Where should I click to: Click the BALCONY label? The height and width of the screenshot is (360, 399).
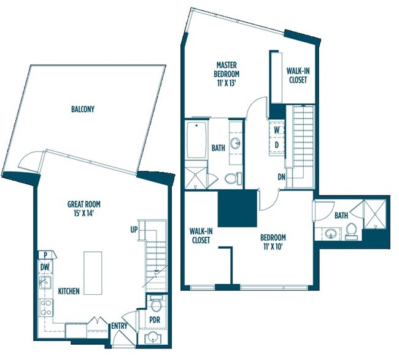point(83,109)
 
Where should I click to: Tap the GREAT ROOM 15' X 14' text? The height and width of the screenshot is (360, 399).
point(83,208)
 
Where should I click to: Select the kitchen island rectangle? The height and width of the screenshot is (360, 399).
point(93,273)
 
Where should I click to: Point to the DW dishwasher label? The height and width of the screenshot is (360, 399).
point(45,267)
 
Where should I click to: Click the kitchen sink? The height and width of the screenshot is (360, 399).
point(45,282)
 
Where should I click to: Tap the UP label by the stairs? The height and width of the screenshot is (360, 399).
point(134,230)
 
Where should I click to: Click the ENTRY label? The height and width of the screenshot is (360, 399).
point(119,326)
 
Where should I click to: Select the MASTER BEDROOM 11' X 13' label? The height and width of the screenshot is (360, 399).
point(227,74)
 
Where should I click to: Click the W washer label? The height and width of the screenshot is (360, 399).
point(277,130)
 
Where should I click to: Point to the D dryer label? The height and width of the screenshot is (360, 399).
point(277,145)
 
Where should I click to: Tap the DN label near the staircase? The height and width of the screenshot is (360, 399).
point(281,177)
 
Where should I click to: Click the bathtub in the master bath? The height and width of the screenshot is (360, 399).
point(196,140)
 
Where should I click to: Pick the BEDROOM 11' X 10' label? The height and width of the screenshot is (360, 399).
point(273,242)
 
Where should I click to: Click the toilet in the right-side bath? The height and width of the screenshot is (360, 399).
point(351,231)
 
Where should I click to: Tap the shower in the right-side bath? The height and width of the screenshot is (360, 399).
point(375,213)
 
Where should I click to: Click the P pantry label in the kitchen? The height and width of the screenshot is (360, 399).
point(45,254)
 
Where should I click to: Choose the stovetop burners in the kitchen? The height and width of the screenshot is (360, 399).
point(46,308)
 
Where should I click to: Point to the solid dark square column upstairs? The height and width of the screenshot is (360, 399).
point(237,208)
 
